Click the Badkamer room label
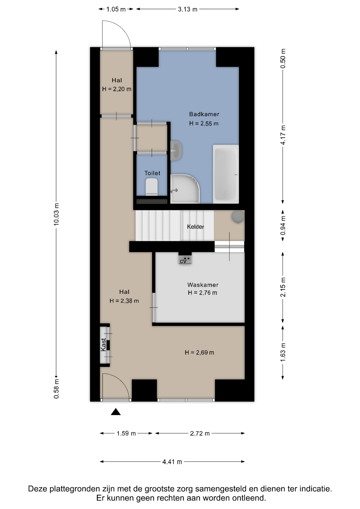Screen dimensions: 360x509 click(x=204, y=114)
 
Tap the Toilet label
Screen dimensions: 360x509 click(x=152, y=173)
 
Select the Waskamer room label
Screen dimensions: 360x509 click(x=203, y=285)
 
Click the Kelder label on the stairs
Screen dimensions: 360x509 click(x=195, y=227)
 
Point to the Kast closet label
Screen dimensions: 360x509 click(x=103, y=345)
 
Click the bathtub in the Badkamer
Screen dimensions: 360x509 click(x=226, y=174)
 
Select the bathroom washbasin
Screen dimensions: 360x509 click(x=176, y=151)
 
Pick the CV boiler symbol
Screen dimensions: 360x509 click(x=185, y=260)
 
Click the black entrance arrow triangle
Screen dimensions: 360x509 click(x=116, y=412)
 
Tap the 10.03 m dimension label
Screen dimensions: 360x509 click(x=56, y=214)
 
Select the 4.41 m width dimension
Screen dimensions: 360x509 click(x=172, y=462)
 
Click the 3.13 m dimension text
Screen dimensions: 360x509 click(x=188, y=9)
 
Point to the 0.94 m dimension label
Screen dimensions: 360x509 click(x=283, y=225)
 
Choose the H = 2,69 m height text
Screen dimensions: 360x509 click(x=199, y=352)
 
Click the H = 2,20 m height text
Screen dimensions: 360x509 click(x=117, y=89)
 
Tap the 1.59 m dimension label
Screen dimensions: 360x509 click(x=126, y=433)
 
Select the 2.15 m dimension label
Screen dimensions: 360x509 click(x=283, y=287)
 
